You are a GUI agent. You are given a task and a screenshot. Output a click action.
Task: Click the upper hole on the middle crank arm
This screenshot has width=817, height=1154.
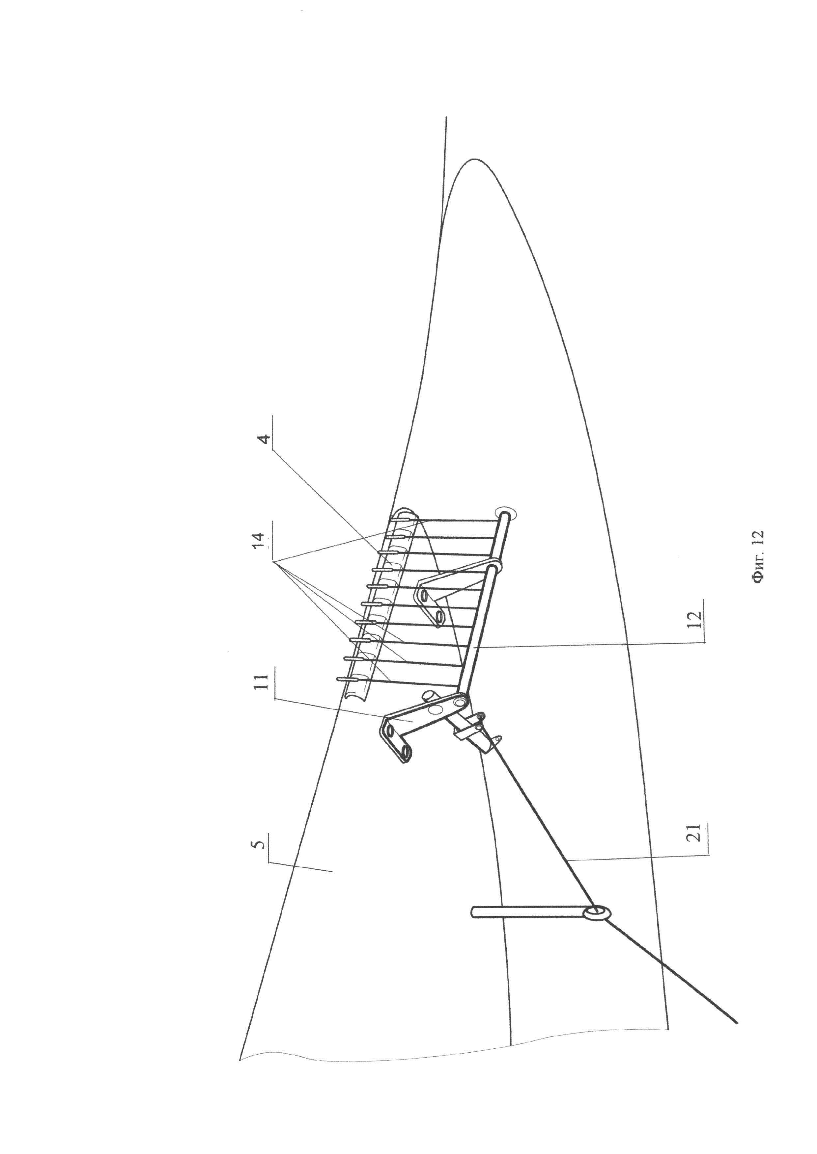click(424, 596)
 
